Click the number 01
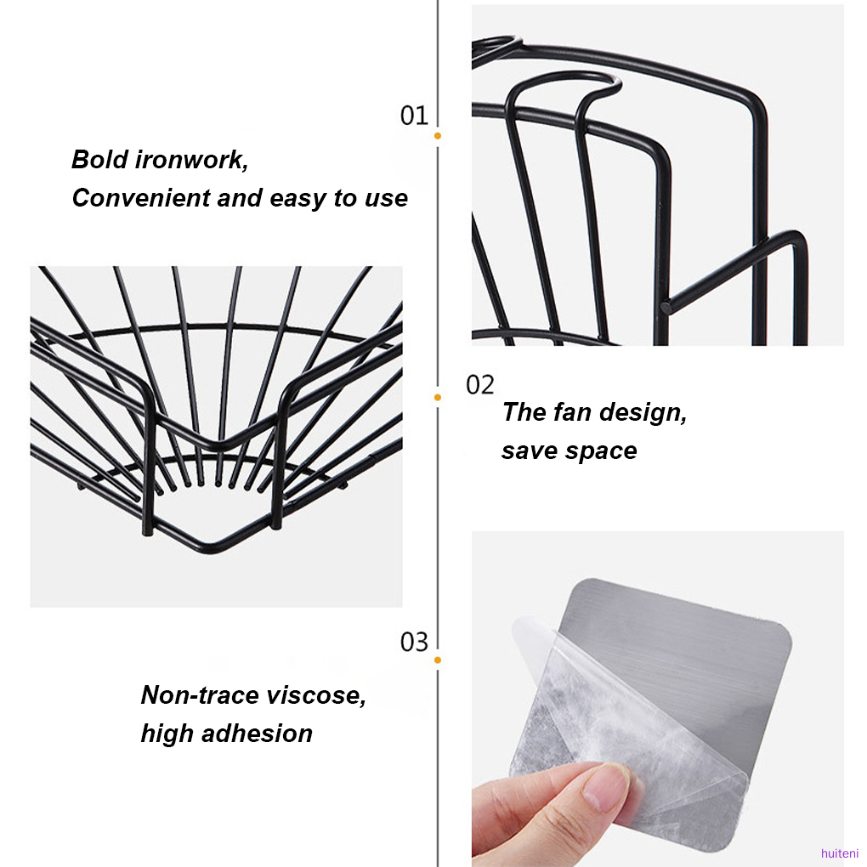coord(414,115)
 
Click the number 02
coord(479,385)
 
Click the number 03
coord(414,642)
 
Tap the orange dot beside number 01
coord(438,135)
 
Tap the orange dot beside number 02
coord(438,397)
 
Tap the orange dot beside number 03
coord(438,660)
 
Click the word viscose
coord(316,695)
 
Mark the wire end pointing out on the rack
coord(666,305)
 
